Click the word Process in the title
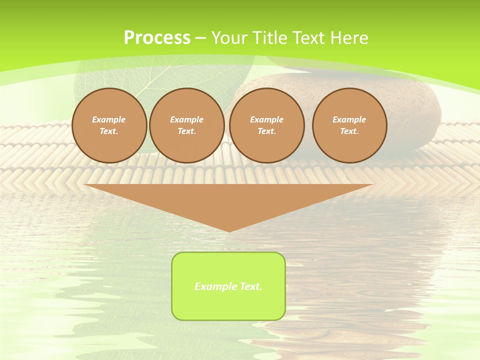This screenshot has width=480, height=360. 157,38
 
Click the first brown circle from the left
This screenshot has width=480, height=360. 109,125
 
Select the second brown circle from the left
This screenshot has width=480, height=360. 187,125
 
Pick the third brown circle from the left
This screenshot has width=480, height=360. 267,125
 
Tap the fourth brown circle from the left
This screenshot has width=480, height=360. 349,125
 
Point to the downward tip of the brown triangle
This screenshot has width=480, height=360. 229,230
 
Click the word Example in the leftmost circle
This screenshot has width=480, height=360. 109,119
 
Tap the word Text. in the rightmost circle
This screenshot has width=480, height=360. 349,131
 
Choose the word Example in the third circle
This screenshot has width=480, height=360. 267,119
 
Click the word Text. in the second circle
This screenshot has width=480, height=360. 187,131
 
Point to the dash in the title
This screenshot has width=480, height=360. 200,38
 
